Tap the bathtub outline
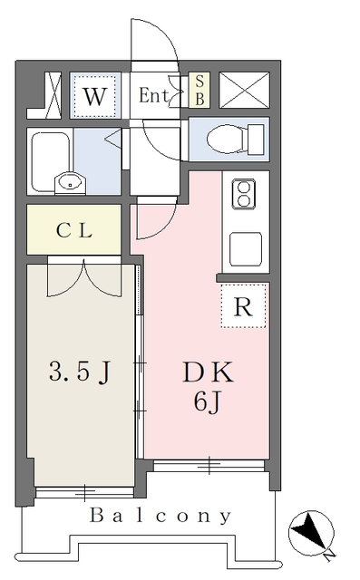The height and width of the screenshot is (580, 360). (50, 161)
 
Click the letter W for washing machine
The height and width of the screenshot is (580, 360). (95, 96)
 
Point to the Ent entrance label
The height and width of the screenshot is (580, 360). (154, 96)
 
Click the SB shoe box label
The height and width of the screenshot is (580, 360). (199, 91)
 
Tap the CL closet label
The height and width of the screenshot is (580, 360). (73, 231)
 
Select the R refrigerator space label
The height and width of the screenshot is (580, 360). (243, 306)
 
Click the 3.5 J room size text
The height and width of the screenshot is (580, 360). (80, 372)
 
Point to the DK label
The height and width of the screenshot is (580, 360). (208, 372)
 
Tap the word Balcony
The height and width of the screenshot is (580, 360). (161, 516)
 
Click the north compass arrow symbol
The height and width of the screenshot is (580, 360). (311, 534)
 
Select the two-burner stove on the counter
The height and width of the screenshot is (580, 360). (244, 193)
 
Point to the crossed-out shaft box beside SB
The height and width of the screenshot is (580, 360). (244, 91)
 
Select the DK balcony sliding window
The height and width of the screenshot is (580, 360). (209, 466)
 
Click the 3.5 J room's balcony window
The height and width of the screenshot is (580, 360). (84, 492)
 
